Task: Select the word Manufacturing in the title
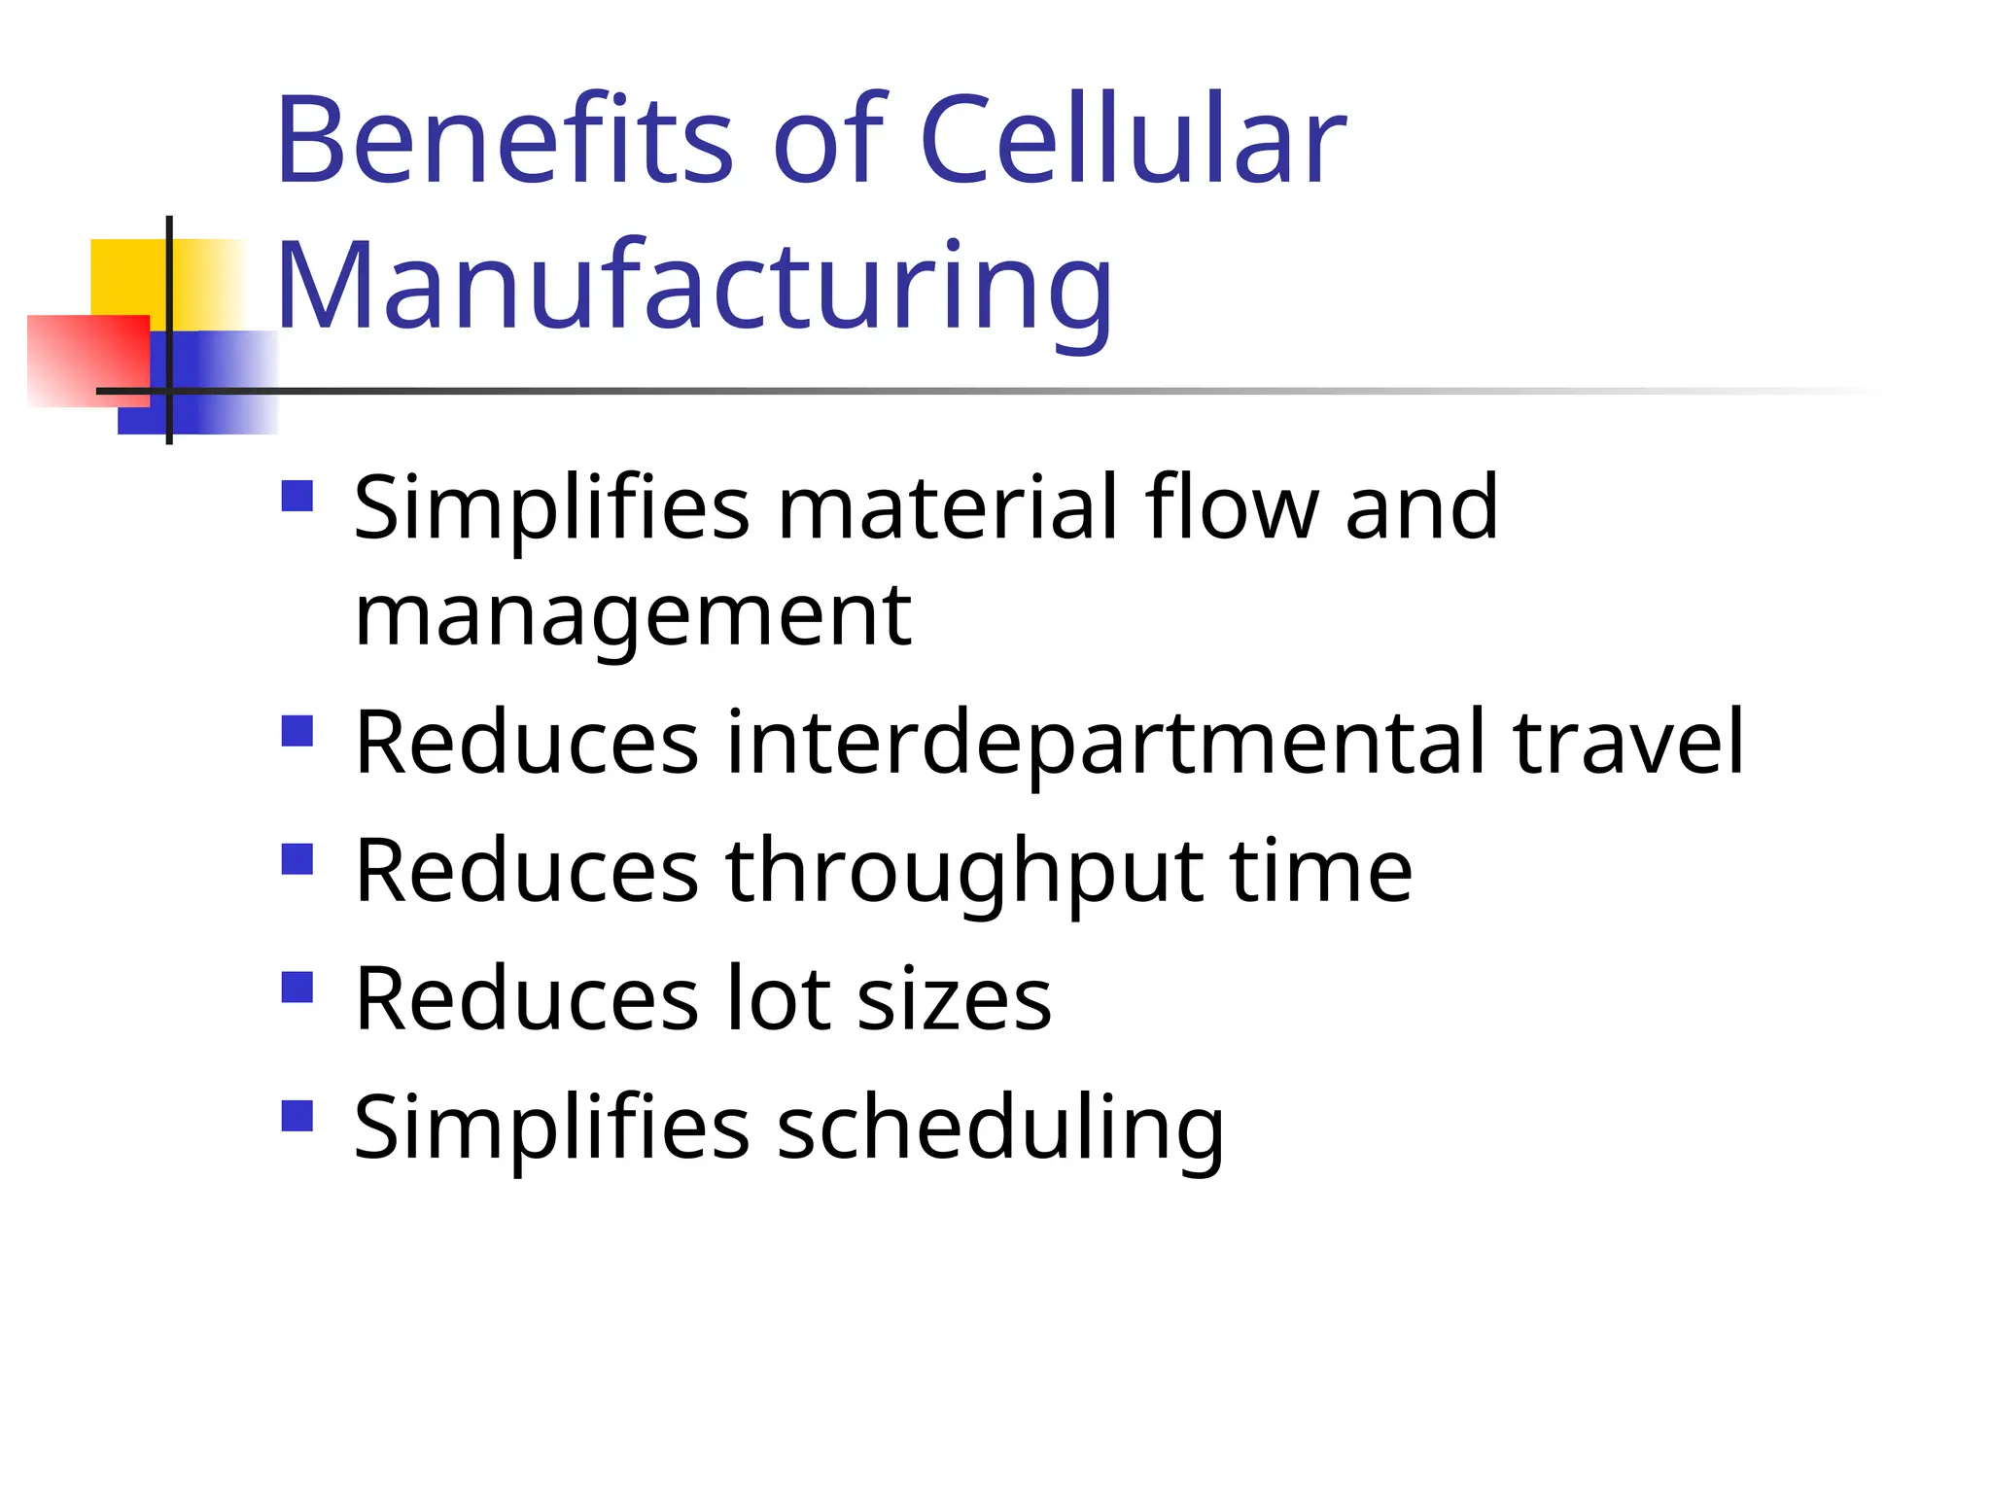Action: click(x=694, y=286)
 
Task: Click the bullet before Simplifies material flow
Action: click(x=297, y=496)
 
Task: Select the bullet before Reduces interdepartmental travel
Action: click(x=297, y=731)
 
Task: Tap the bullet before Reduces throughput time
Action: click(x=297, y=859)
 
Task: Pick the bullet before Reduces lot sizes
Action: click(x=297, y=988)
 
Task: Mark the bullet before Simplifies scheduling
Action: click(x=297, y=1116)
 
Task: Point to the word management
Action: click(x=633, y=616)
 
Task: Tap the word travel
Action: click(x=1629, y=743)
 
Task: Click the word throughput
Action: click(x=963, y=871)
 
